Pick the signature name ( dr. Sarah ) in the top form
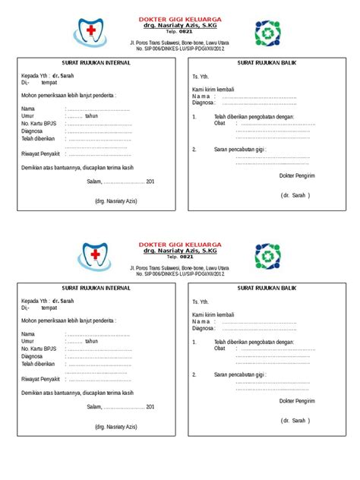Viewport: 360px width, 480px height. (x=295, y=194)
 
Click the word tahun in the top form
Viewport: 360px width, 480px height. (x=92, y=116)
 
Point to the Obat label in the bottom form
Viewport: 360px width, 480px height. (x=219, y=349)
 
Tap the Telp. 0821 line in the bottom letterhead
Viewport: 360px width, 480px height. (x=180, y=256)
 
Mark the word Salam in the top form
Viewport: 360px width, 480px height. (x=94, y=181)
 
